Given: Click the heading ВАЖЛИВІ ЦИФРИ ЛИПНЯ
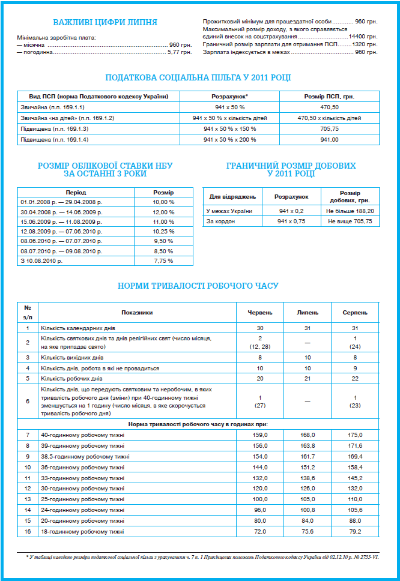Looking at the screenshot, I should [105, 23].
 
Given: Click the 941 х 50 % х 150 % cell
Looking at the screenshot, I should [231, 128].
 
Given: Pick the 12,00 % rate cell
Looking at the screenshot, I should [163, 212].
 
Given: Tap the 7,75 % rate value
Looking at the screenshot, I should [163, 261].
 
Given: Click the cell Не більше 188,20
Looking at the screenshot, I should [350, 211].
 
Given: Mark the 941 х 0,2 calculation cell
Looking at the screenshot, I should [291, 211].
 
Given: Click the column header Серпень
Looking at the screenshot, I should [354, 313].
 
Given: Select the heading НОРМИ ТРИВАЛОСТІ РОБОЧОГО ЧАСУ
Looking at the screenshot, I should [199, 286].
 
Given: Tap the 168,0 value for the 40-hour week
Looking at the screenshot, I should [308, 435].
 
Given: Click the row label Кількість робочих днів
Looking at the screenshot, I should [73, 379].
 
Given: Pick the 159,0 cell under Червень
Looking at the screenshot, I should [261, 435].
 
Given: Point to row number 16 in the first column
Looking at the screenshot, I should [28, 532].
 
